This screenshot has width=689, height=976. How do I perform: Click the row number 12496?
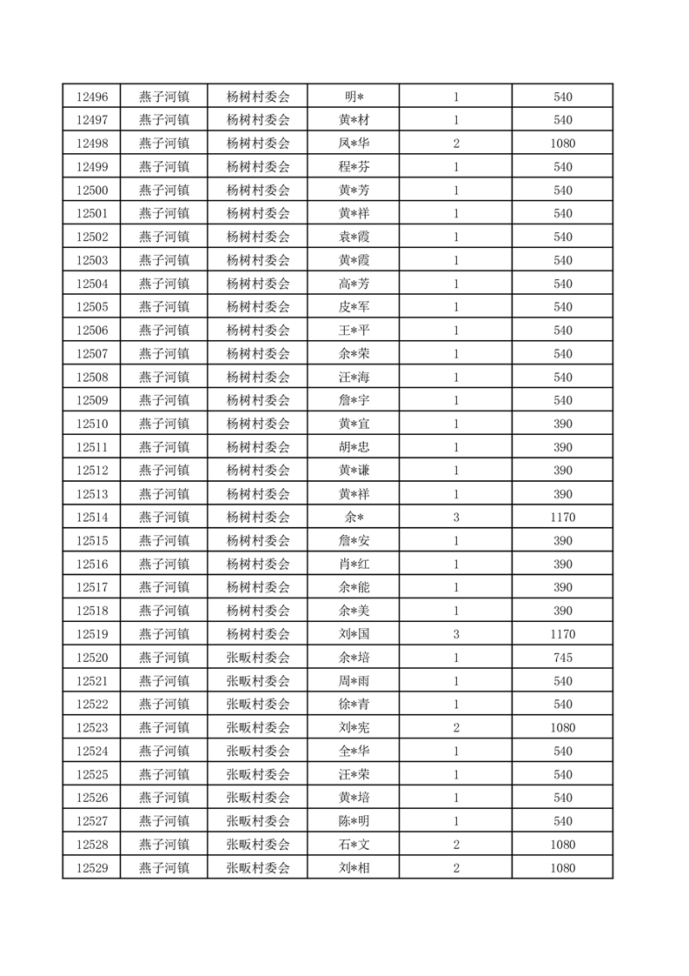pos(92,97)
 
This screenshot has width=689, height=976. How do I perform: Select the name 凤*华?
pos(354,144)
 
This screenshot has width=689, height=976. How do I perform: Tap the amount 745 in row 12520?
pos(562,658)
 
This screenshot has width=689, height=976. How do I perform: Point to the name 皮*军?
pos(354,307)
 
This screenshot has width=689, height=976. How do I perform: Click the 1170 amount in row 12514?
pos(562,518)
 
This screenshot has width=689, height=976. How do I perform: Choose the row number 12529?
pos(92,868)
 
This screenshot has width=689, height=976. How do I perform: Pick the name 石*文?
pos(354,845)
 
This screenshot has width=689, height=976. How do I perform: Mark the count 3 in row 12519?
pos(456,634)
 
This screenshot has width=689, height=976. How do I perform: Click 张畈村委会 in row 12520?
pos(258,658)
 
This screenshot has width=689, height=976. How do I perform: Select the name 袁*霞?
pos(354,237)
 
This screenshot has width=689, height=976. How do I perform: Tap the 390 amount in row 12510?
pos(562,424)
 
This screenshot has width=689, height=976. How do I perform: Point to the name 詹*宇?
pos(354,400)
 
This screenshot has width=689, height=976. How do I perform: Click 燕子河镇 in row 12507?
pos(164,354)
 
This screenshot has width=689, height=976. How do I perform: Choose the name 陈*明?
pos(354,821)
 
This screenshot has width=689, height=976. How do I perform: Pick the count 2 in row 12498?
pos(456,144)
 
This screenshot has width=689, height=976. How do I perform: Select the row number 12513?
pos(92,494)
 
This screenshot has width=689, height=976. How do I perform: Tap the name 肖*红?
pos(354,565)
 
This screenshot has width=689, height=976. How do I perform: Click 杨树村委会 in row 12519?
pos(258,634)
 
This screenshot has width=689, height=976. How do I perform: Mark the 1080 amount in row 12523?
pos(562,728)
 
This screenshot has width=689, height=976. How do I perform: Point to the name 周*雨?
pos(354,681)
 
